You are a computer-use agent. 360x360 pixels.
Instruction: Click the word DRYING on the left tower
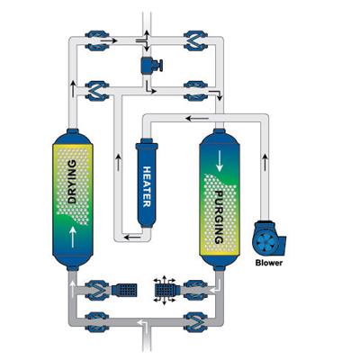click(72, 182)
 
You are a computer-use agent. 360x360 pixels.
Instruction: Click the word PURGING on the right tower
click(220, 217)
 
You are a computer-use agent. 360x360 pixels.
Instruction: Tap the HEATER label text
click(147, 186)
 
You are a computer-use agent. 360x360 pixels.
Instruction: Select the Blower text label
click(269, 263)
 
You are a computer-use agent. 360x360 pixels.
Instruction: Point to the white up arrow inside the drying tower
click(73, 238)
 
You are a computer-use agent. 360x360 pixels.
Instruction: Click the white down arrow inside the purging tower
click(220, 161)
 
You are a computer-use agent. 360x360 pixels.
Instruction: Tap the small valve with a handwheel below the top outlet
click(151, 65)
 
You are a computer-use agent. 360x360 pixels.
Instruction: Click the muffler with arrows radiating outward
click(165, 290)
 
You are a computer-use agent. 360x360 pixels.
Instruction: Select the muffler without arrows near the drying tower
click(124, 290)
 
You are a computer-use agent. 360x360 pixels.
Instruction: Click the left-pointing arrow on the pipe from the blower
click(197, 119)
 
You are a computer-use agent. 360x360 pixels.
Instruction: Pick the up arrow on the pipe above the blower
click(265, 162)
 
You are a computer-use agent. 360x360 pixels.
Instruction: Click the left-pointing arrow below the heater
click(132, 238)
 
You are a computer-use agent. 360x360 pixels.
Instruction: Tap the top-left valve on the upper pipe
click(96, 40)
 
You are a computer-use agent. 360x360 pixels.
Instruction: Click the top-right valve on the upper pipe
click(195, 40)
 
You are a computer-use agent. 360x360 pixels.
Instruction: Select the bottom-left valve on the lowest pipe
click(96, 322)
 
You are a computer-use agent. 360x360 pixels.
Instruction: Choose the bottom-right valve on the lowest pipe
click(195, 322)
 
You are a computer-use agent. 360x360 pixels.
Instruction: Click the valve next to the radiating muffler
click(195, 290)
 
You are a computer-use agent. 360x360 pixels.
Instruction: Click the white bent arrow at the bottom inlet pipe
click(143, 324)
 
